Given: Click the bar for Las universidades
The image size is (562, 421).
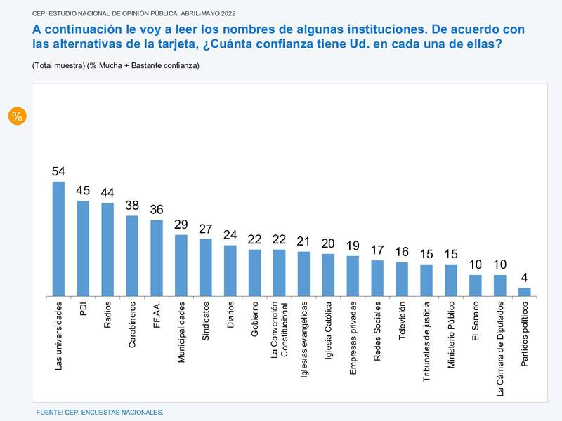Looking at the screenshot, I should (x=58, y=239).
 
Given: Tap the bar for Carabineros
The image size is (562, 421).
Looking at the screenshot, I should (x=132, y=255).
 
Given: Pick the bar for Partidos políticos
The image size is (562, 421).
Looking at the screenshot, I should (x=524, y=291).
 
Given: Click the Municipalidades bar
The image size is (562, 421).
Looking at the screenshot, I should (x=181, y=265).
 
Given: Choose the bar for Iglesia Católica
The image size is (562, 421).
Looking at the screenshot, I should (x=328, y=274).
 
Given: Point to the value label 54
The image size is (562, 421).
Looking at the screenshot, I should (x=58, y=172).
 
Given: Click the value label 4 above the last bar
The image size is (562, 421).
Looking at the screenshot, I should (x=524, y=278).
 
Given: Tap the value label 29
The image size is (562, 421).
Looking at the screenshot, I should (x=181, y=225).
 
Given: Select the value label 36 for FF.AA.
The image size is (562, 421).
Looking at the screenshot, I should (x=157, y=210).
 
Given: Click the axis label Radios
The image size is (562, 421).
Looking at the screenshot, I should (x=107, y=316).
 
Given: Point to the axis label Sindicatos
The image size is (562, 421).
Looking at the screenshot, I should (x=206, y=322).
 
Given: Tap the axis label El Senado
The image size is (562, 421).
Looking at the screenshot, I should (x=476, y=321).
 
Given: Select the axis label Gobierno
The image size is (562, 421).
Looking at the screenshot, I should (x=255, y=320).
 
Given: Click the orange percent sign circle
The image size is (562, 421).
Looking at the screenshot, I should (x=17, y=116).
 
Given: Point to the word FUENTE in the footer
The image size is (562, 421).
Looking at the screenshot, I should (x=50, y=413).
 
